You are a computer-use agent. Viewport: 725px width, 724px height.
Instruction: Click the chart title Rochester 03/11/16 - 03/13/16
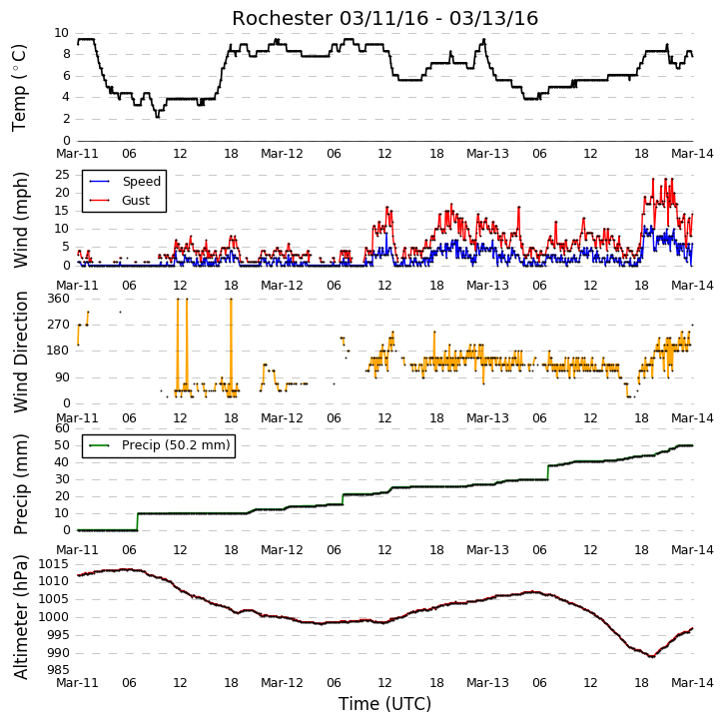coord(384,19)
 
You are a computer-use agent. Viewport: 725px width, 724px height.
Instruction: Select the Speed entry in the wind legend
coord(125,181)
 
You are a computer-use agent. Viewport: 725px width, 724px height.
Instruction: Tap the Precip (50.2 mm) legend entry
coord(160,445)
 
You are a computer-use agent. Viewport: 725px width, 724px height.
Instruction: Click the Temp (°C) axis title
coord(19,88)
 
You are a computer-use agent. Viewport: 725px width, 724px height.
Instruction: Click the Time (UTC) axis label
coord(384,704)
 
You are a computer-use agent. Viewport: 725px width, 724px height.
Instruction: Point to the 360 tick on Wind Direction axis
coord(58,299)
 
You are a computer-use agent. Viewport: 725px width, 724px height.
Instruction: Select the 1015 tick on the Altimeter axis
coord(53,564)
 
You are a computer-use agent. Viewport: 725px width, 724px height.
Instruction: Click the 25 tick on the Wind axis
coord(62,175)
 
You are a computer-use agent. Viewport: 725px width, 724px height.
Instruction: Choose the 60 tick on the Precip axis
coord(62,428)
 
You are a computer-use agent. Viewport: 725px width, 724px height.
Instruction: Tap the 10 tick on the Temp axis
coord(62,33)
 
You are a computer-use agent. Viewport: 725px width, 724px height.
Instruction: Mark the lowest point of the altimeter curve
coord(652,656)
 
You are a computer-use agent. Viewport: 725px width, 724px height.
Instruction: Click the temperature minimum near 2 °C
coord(157,117)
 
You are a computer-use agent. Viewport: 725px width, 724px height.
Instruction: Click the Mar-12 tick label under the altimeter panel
coord(282,683)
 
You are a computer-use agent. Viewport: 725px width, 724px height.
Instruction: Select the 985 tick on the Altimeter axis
coord(58,670)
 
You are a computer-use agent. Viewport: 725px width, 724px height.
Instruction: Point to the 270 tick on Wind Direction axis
coord(58,325)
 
